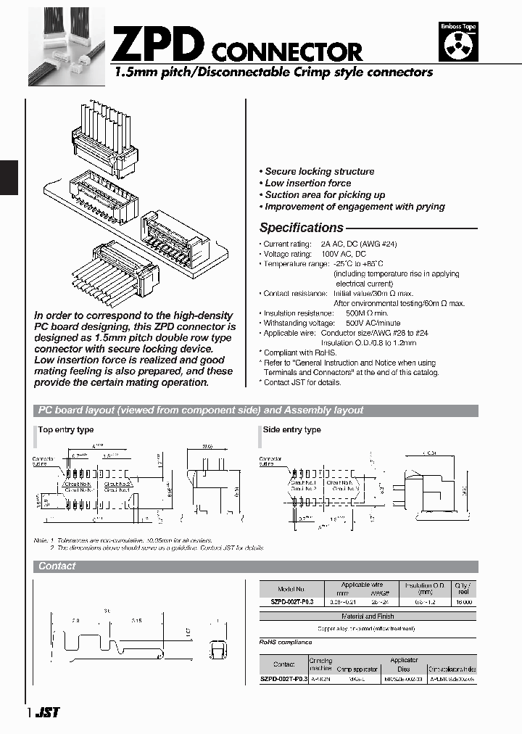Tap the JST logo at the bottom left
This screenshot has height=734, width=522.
click(x=48, y=713)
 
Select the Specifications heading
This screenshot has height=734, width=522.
click(x=301, y=228)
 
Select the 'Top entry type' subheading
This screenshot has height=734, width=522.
click(x=65, y=430)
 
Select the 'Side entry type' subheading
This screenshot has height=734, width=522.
click(x=291, y=430)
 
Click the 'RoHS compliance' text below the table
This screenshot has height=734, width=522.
click(x=286, y=642)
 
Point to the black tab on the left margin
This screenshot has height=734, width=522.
click(x=8, y=178)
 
